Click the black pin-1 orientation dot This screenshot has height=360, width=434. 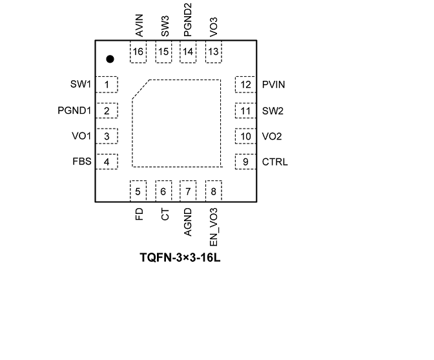click(x=110, y=59)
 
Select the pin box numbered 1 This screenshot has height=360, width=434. click(x=107, y=84)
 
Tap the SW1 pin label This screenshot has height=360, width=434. click(x=81, y=84)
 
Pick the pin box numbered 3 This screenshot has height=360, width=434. click(x=107, y=136)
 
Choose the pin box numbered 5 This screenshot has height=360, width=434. click(x=138, y=191)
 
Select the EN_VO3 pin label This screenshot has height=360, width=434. click(x=214, y=228)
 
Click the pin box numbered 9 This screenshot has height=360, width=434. click(x=245, y=162)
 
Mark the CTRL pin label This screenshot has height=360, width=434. click(x=275, y=162)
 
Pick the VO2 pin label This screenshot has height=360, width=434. click(x=273, y=136)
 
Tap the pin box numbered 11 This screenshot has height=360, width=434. click(x=245, y=111)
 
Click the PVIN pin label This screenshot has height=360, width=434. click(x=274, y=84)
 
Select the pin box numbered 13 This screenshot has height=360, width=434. click(x=214, y=52)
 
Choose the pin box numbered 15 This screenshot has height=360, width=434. click(x=164, y=52)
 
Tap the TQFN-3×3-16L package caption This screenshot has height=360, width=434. click(x=181, y=257)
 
